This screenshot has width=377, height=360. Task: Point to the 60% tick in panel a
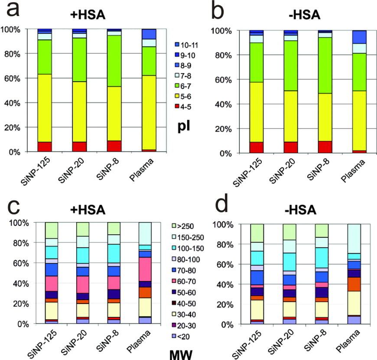19,78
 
